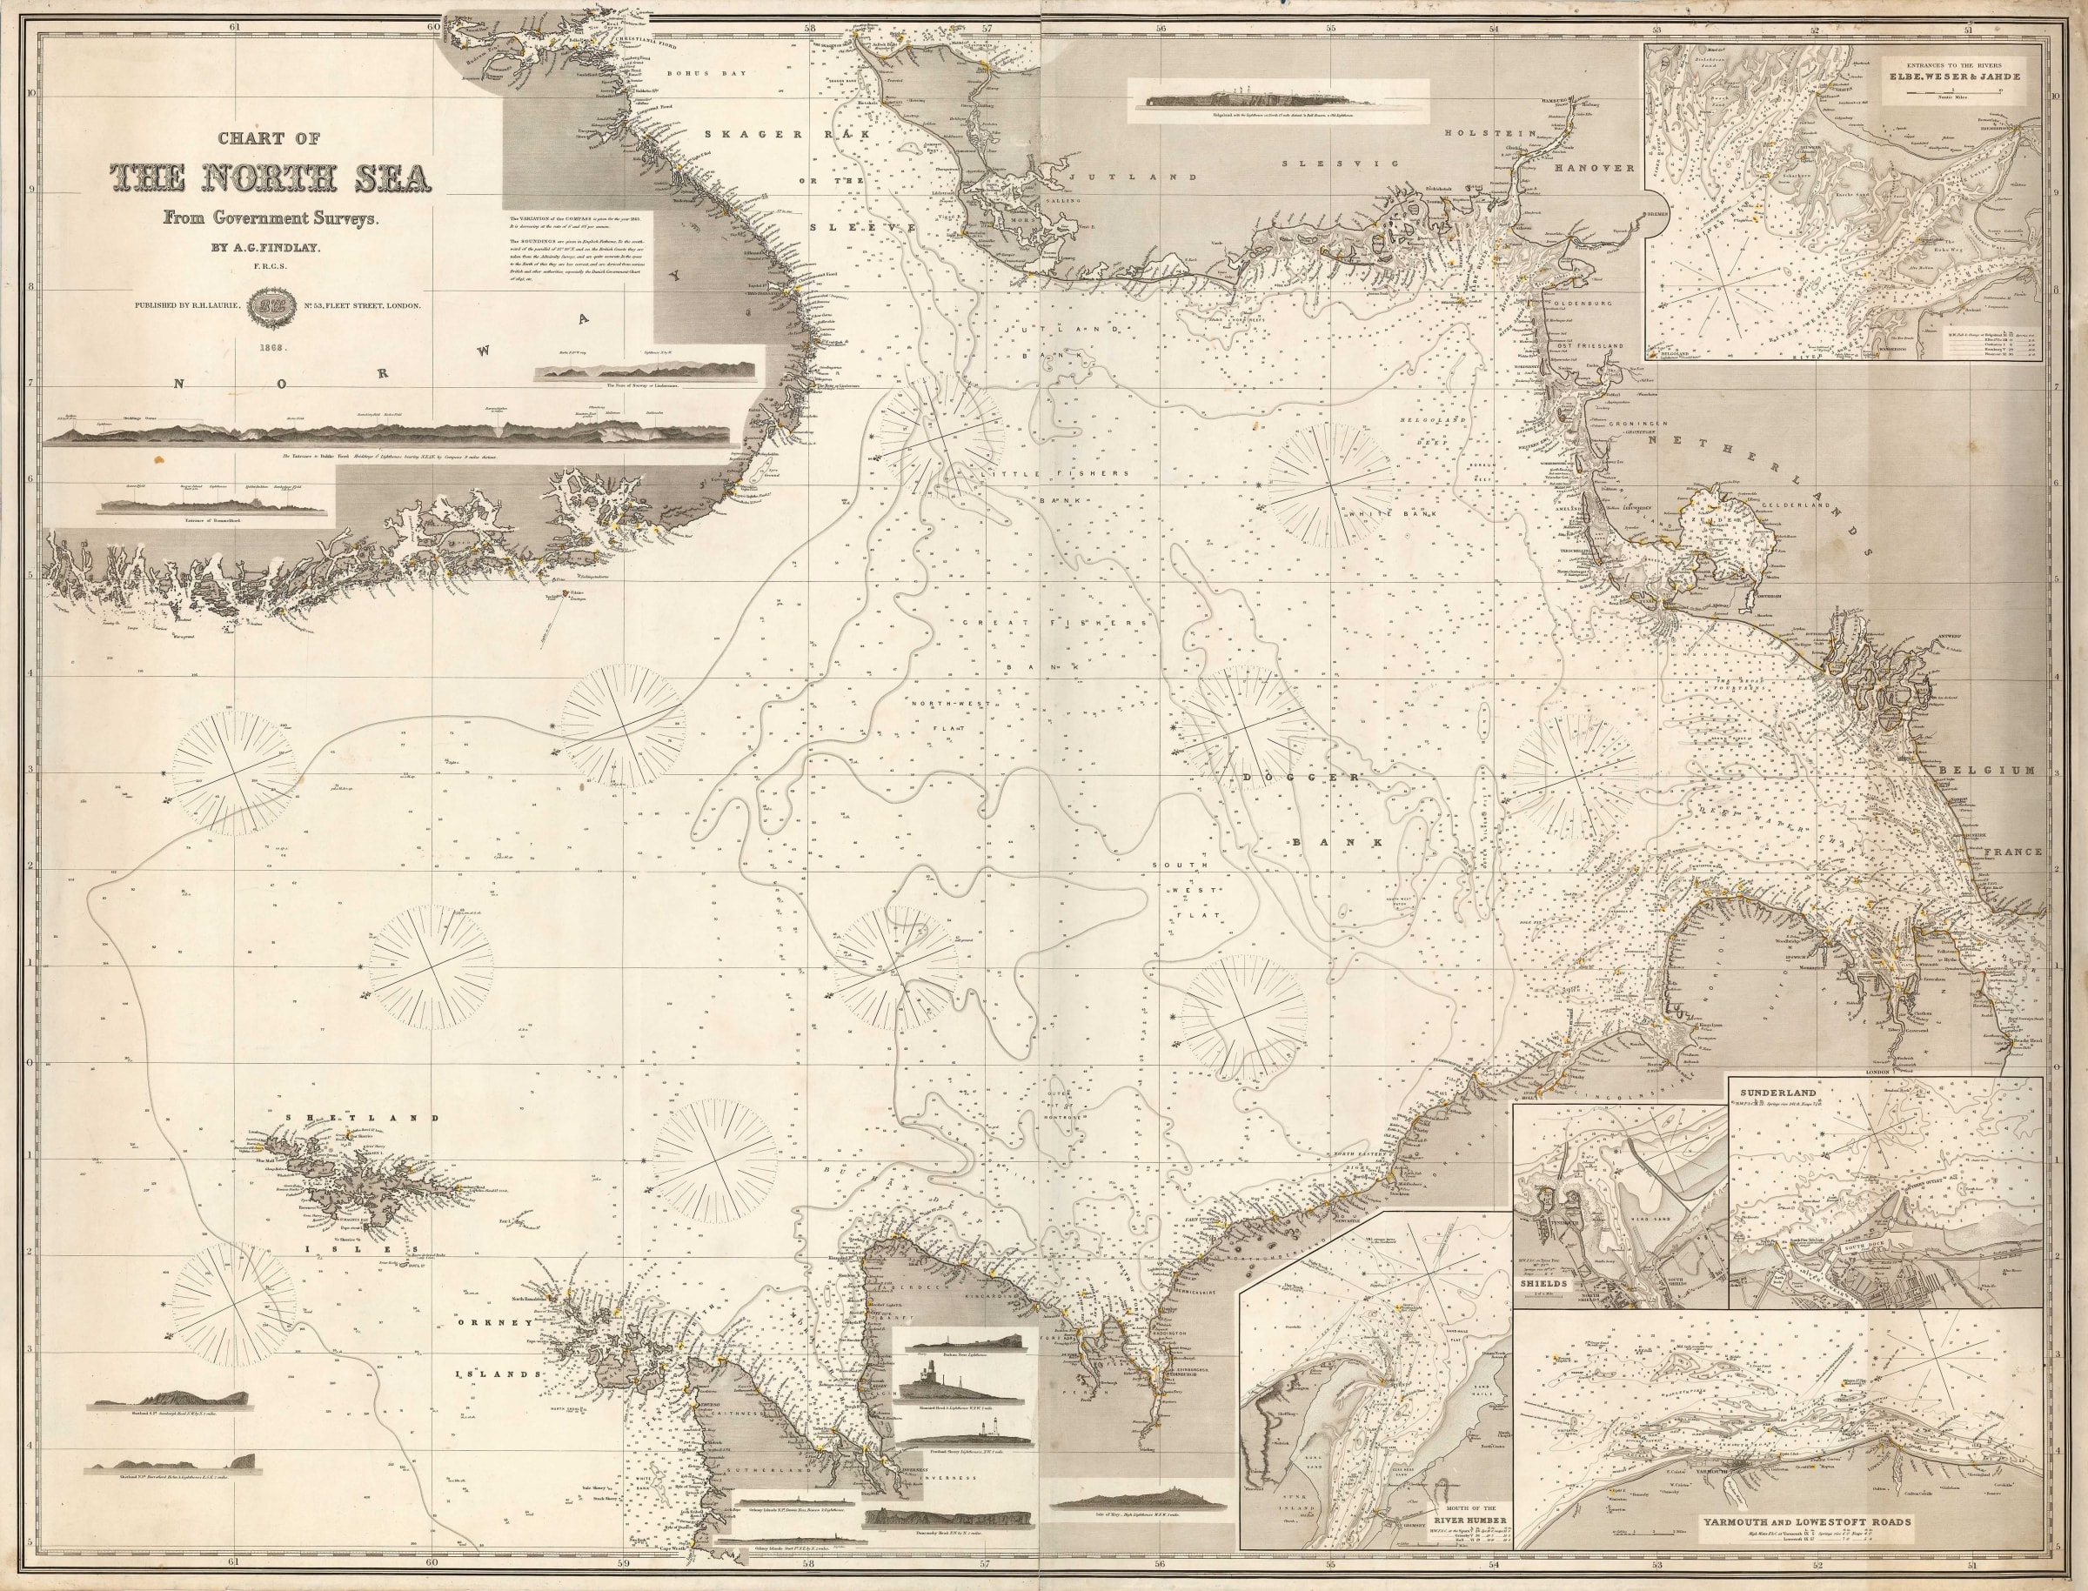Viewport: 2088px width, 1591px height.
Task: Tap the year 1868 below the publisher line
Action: tap(270, 348)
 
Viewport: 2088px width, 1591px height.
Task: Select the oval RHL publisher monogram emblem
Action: tap(270, 307)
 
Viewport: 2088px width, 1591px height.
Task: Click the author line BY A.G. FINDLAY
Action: tap(270, 250)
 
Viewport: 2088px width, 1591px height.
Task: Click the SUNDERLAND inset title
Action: tap(1768, 1091)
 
